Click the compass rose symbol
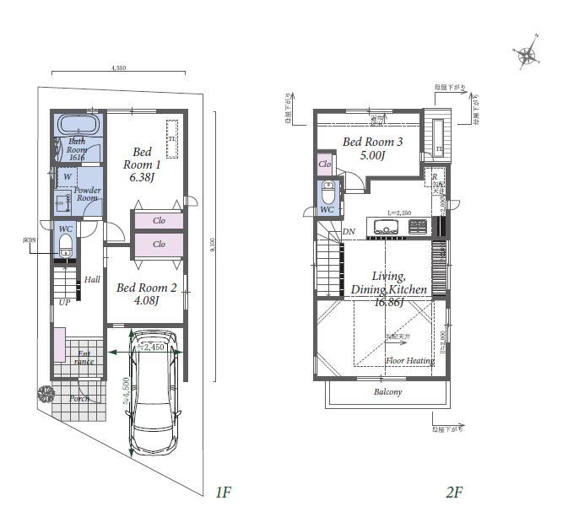[527, 56]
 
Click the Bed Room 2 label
[146, 294]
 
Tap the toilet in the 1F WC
[65, 245]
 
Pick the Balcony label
[387, 392]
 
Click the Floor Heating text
[409, 360]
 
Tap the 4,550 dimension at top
[119, 68]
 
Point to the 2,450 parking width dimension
[153, 346]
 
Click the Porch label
[79, 398]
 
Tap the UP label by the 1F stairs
[64, 302]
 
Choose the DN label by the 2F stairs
[349, 232]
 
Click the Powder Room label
[87, 195]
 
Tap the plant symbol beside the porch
[44, 393]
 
